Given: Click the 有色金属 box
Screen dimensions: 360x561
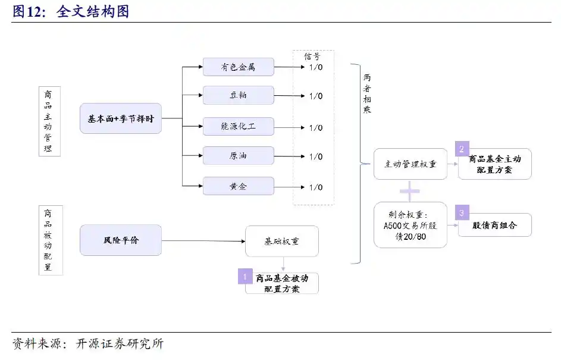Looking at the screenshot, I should pyautogui.click(x=238, y=67).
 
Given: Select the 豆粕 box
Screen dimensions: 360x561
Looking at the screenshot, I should pyautogui.click(x=238, y=95).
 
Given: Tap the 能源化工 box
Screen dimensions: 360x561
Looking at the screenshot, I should pyautogui.click(x=238, y=126).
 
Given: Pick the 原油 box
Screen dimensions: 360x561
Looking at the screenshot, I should pyautogui.click(x=238, y=156).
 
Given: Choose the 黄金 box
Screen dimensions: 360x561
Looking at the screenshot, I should pyautogui.click(x=238, y=186).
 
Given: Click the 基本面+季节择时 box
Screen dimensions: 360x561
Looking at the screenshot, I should pyautogui.click(x=120, y=118).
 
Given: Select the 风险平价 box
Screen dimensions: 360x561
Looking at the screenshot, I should pyautogui.click(x=120, y=240).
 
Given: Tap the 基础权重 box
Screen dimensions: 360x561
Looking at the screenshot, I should pyautogui.click(x=281, y=241).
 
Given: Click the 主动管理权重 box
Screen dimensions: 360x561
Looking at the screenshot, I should pyautogui.click(x=410, y=164).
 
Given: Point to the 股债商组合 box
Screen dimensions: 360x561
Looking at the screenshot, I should pyautogui.click(x=494, y=226).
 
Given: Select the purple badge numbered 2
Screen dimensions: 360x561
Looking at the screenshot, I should pyautogui.click(x=462, y=149).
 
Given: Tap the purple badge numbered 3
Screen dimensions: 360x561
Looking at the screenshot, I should pyautogui.click(x=462, y=212).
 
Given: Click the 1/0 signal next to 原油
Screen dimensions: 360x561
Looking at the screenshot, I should pyautogui.click(x=315, y=156).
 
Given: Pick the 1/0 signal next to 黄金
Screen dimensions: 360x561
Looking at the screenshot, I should pyautogui.click(x=315, y=187).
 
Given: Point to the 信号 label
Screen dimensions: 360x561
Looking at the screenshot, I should pyautogui.click(x=312, y=57).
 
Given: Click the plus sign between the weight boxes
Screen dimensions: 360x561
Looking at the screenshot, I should pyautogui.click(x=410, y=191).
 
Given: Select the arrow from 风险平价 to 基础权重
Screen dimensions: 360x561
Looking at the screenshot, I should pyautogui.click(x=202, y=241).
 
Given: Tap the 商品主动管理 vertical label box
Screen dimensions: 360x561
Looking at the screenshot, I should pyautogui.click(x=50, y=121).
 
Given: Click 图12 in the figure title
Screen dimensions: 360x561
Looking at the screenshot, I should pyautogui.click(x=29, y=11).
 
